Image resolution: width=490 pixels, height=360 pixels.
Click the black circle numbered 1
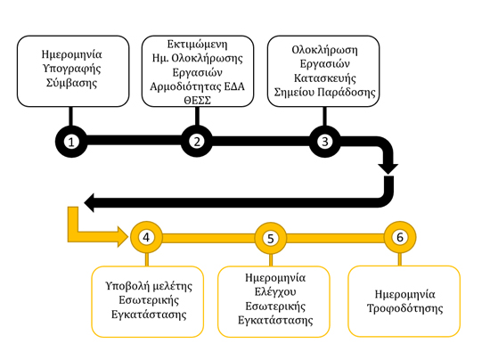point(71,142)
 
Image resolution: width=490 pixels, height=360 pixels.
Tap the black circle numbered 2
point(197,142)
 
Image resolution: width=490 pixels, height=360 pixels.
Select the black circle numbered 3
point(324,142)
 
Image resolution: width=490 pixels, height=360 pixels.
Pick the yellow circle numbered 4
point(146,237)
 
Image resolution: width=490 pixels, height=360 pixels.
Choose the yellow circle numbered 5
point(271,238)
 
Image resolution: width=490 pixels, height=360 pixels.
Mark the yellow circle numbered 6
point(400,237)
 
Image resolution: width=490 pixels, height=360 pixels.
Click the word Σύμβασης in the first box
point(71,83)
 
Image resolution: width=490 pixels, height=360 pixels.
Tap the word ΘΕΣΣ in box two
point(197,101)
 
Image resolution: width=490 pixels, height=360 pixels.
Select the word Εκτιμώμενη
point(197,44)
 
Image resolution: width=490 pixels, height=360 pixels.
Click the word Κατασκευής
point(324,78)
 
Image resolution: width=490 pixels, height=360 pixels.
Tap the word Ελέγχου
point(275,291)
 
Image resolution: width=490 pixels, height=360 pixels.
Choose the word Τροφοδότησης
point(404,308)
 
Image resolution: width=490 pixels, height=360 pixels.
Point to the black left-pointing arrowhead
point(89,202)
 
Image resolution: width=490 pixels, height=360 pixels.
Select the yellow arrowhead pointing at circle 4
point(123,236)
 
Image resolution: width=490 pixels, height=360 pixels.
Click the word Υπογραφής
point(71,69)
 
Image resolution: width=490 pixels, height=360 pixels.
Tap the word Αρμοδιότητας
point(185,86)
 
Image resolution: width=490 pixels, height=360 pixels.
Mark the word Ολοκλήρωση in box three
point(324,50)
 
